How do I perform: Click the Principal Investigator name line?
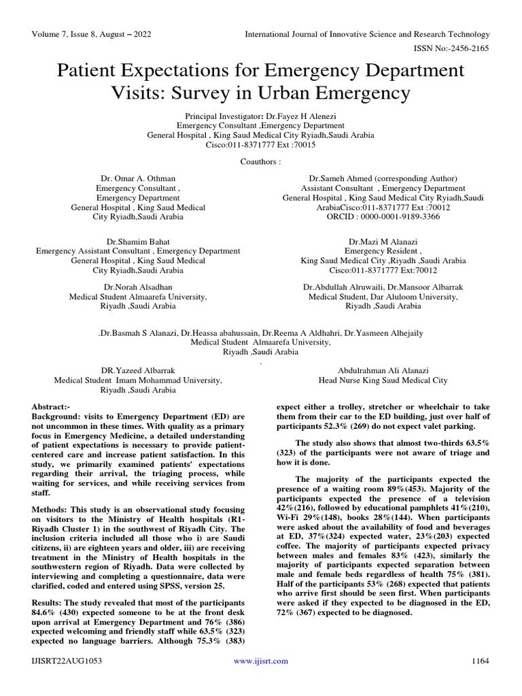pos(260,116)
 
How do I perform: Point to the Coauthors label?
pos(260,162)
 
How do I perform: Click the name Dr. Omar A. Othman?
pos(138,179)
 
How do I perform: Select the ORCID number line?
pos(383,217)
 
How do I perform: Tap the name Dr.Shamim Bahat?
pos(138,241)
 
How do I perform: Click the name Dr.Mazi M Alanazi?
pos(383,241)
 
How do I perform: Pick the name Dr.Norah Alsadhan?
pos(138,288)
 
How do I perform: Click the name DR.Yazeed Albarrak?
pos(138,371)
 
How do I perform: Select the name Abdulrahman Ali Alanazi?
pos(383,371)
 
